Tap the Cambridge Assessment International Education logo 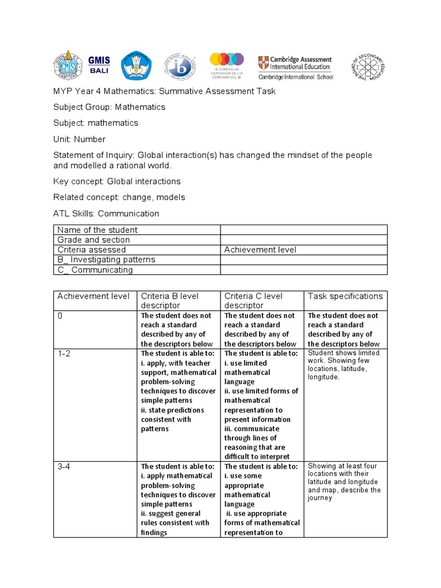click(x=295, y=67)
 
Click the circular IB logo click(x=180, y=67)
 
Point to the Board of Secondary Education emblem click(x=367, y=68)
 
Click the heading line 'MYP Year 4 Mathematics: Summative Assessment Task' click(x=164, y=91)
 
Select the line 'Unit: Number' click(x=79, y=139)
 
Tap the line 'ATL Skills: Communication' click(x=106, y=214)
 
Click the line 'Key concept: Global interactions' click(x=117, y=181)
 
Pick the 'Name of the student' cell click(x=97, y=230)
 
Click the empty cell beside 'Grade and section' click(x=304, y=240)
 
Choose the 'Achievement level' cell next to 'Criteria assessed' click(x=260, y=250)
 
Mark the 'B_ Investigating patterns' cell click(x=106, y=260)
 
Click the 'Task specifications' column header click(x=345, y=296)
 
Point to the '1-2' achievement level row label click(x=64, y=354)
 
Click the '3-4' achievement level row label click(x=64, y=467)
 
